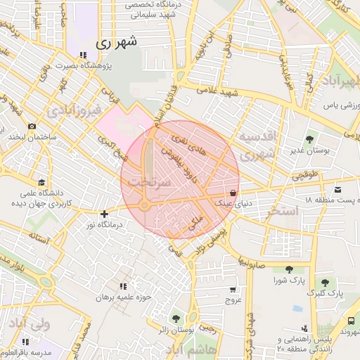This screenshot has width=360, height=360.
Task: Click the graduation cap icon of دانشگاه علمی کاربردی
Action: coord(41,183)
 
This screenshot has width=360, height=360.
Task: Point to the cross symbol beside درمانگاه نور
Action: coord(104,214)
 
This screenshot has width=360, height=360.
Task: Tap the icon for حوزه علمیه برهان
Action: coord(124,286)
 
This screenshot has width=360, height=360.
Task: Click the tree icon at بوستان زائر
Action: coord(175,319)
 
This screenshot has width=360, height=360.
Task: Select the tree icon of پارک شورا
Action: coord(288,269)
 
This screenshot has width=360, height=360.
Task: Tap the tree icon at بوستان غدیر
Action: coord(309,139)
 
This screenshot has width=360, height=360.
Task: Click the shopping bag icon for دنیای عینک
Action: coord(232,193)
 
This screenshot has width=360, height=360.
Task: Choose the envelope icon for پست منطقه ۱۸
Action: coord(338,190)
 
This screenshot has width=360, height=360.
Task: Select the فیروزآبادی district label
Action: coord(75,110)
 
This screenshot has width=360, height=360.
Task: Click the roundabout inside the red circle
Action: coord(143,206)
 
